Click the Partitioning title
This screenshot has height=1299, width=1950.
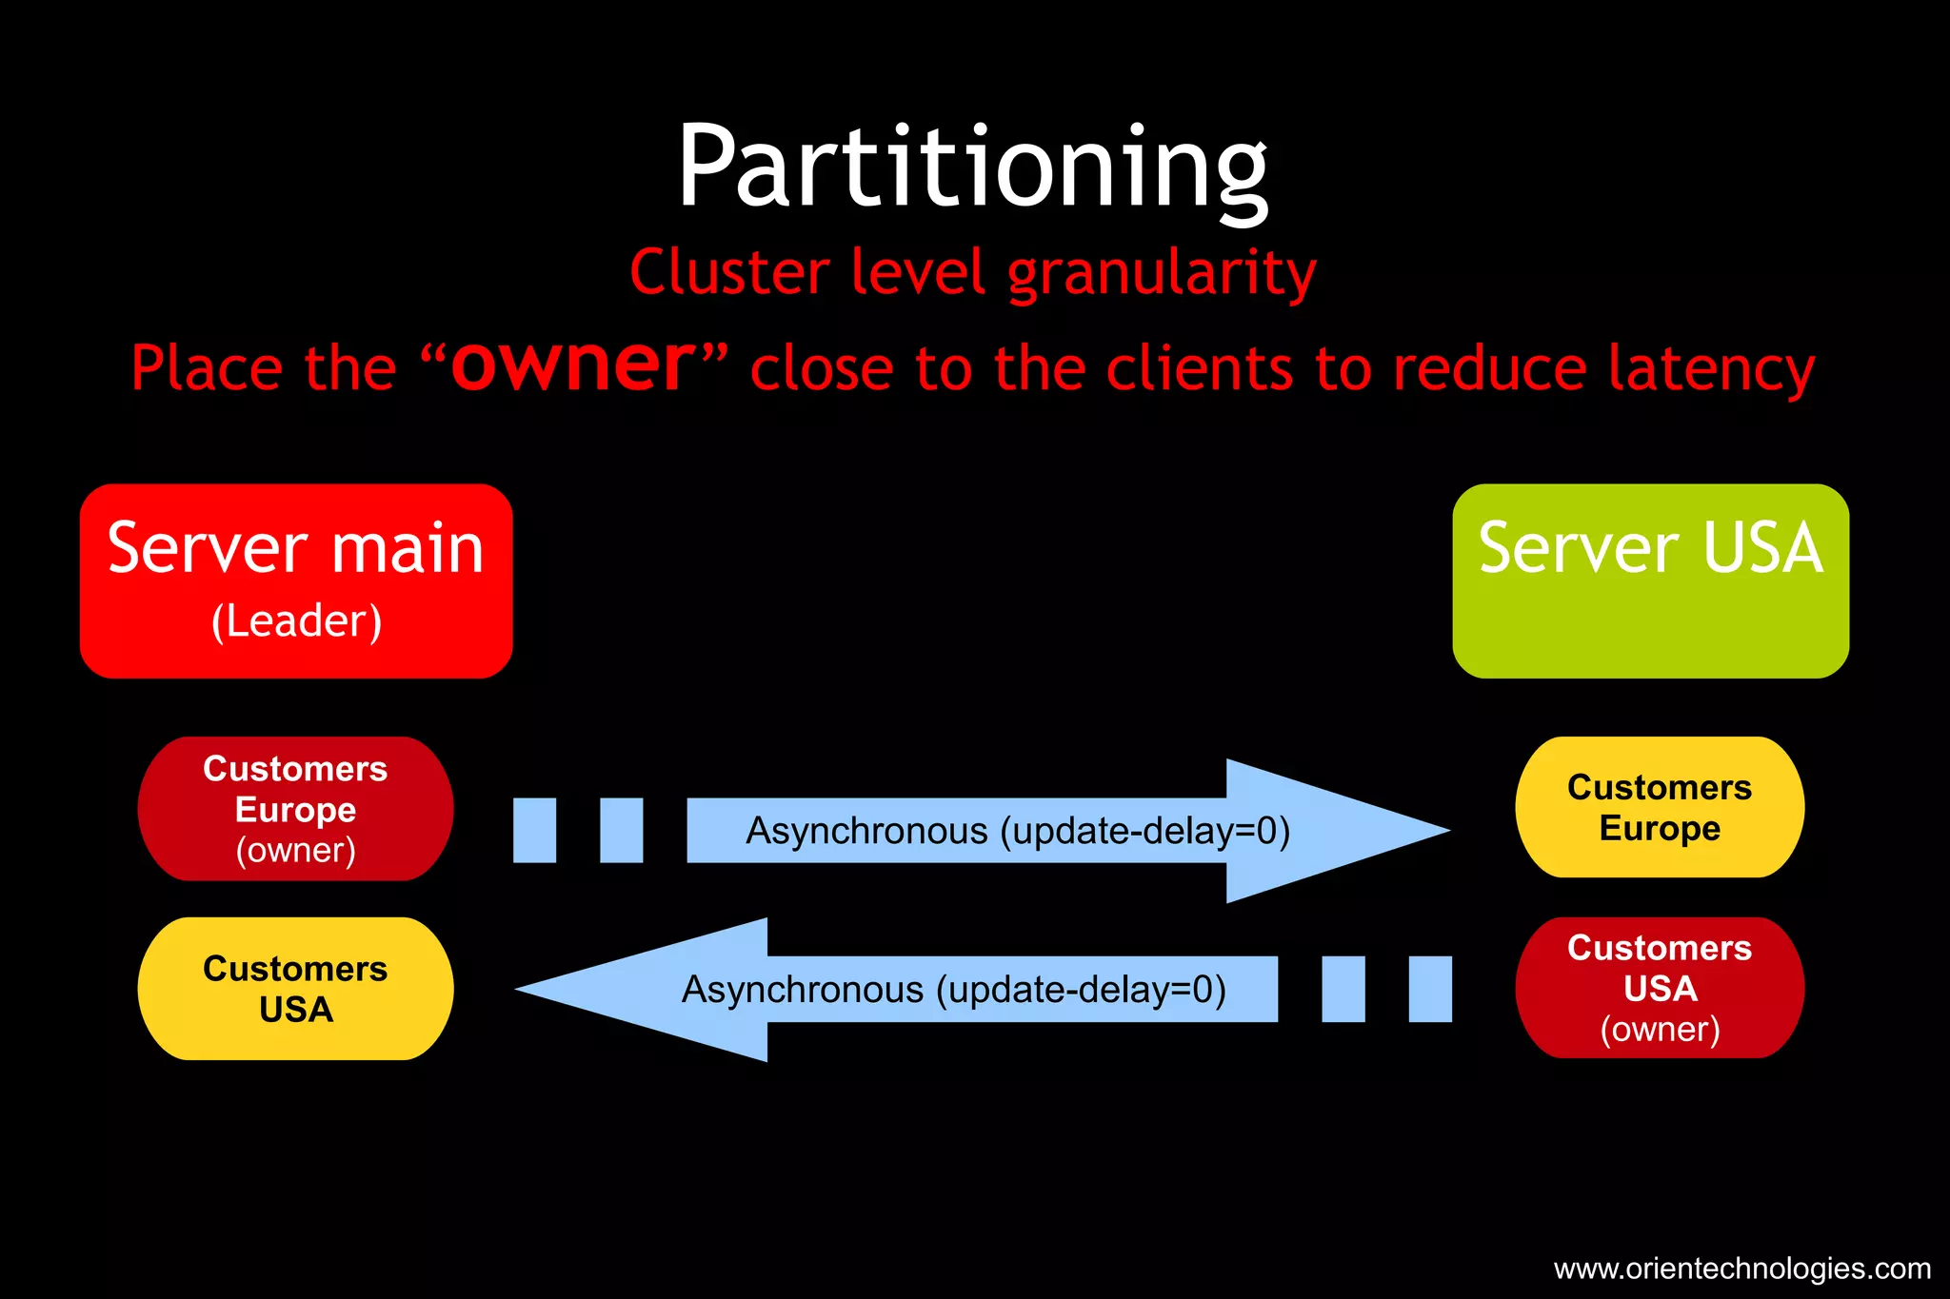tap(972, 167)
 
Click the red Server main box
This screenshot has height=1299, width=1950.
tap(296, 581)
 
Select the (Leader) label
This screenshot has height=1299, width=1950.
tap(296, 621)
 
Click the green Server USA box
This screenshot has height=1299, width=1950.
tap(1650, 581)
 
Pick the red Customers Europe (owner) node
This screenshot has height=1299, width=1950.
tap(295, 809)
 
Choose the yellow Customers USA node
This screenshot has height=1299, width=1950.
tap(295, 989)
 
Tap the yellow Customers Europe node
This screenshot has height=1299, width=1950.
tap(1660, 807)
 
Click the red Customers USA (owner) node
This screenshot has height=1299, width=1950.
tap(1660, 988)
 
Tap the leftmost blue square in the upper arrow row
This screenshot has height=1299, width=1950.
tap(534, 830)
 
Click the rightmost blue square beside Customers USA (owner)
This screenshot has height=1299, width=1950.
tap(1430, 990)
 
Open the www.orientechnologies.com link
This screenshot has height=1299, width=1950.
tap(1741, 1269)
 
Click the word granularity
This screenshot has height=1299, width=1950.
tap(1162, 273)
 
